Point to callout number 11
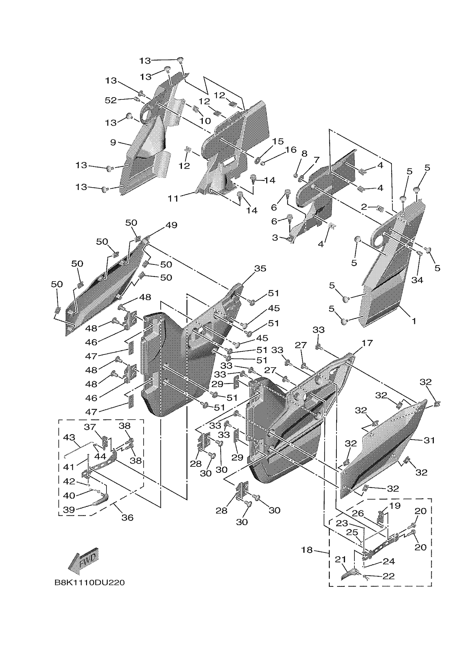tap(173, 198)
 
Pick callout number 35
tap(260, 268)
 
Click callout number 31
tap(429, 440)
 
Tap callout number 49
tap(171, 225)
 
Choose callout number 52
tap(111, 100)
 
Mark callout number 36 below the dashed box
tap(127, 517)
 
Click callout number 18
tap(307, 550)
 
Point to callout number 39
tap(69, 509)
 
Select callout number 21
tap(340, 560)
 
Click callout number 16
tap(291, 149)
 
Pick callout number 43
tap(69, 437)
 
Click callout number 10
tap(205, 121)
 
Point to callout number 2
tap(364, 207)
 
